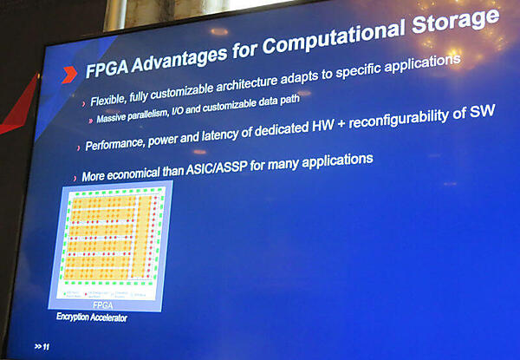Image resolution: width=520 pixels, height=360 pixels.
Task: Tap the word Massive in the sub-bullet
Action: [x=114, y=118]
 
